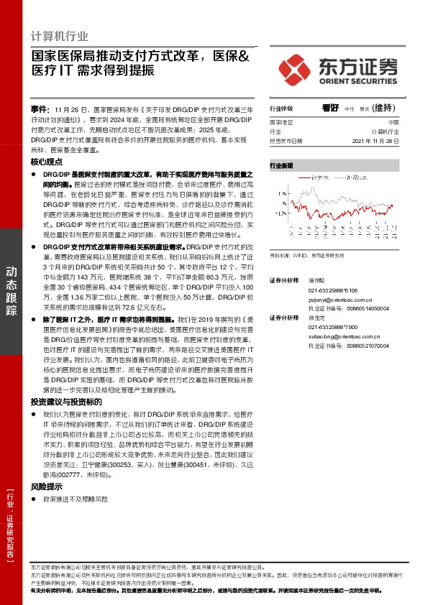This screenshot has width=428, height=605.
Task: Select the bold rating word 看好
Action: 330,108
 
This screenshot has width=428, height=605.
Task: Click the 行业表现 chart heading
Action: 281,165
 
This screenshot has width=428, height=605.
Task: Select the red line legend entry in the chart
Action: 310,176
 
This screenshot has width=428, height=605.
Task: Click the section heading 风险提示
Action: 47,486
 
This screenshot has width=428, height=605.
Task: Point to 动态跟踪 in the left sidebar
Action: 12,290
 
